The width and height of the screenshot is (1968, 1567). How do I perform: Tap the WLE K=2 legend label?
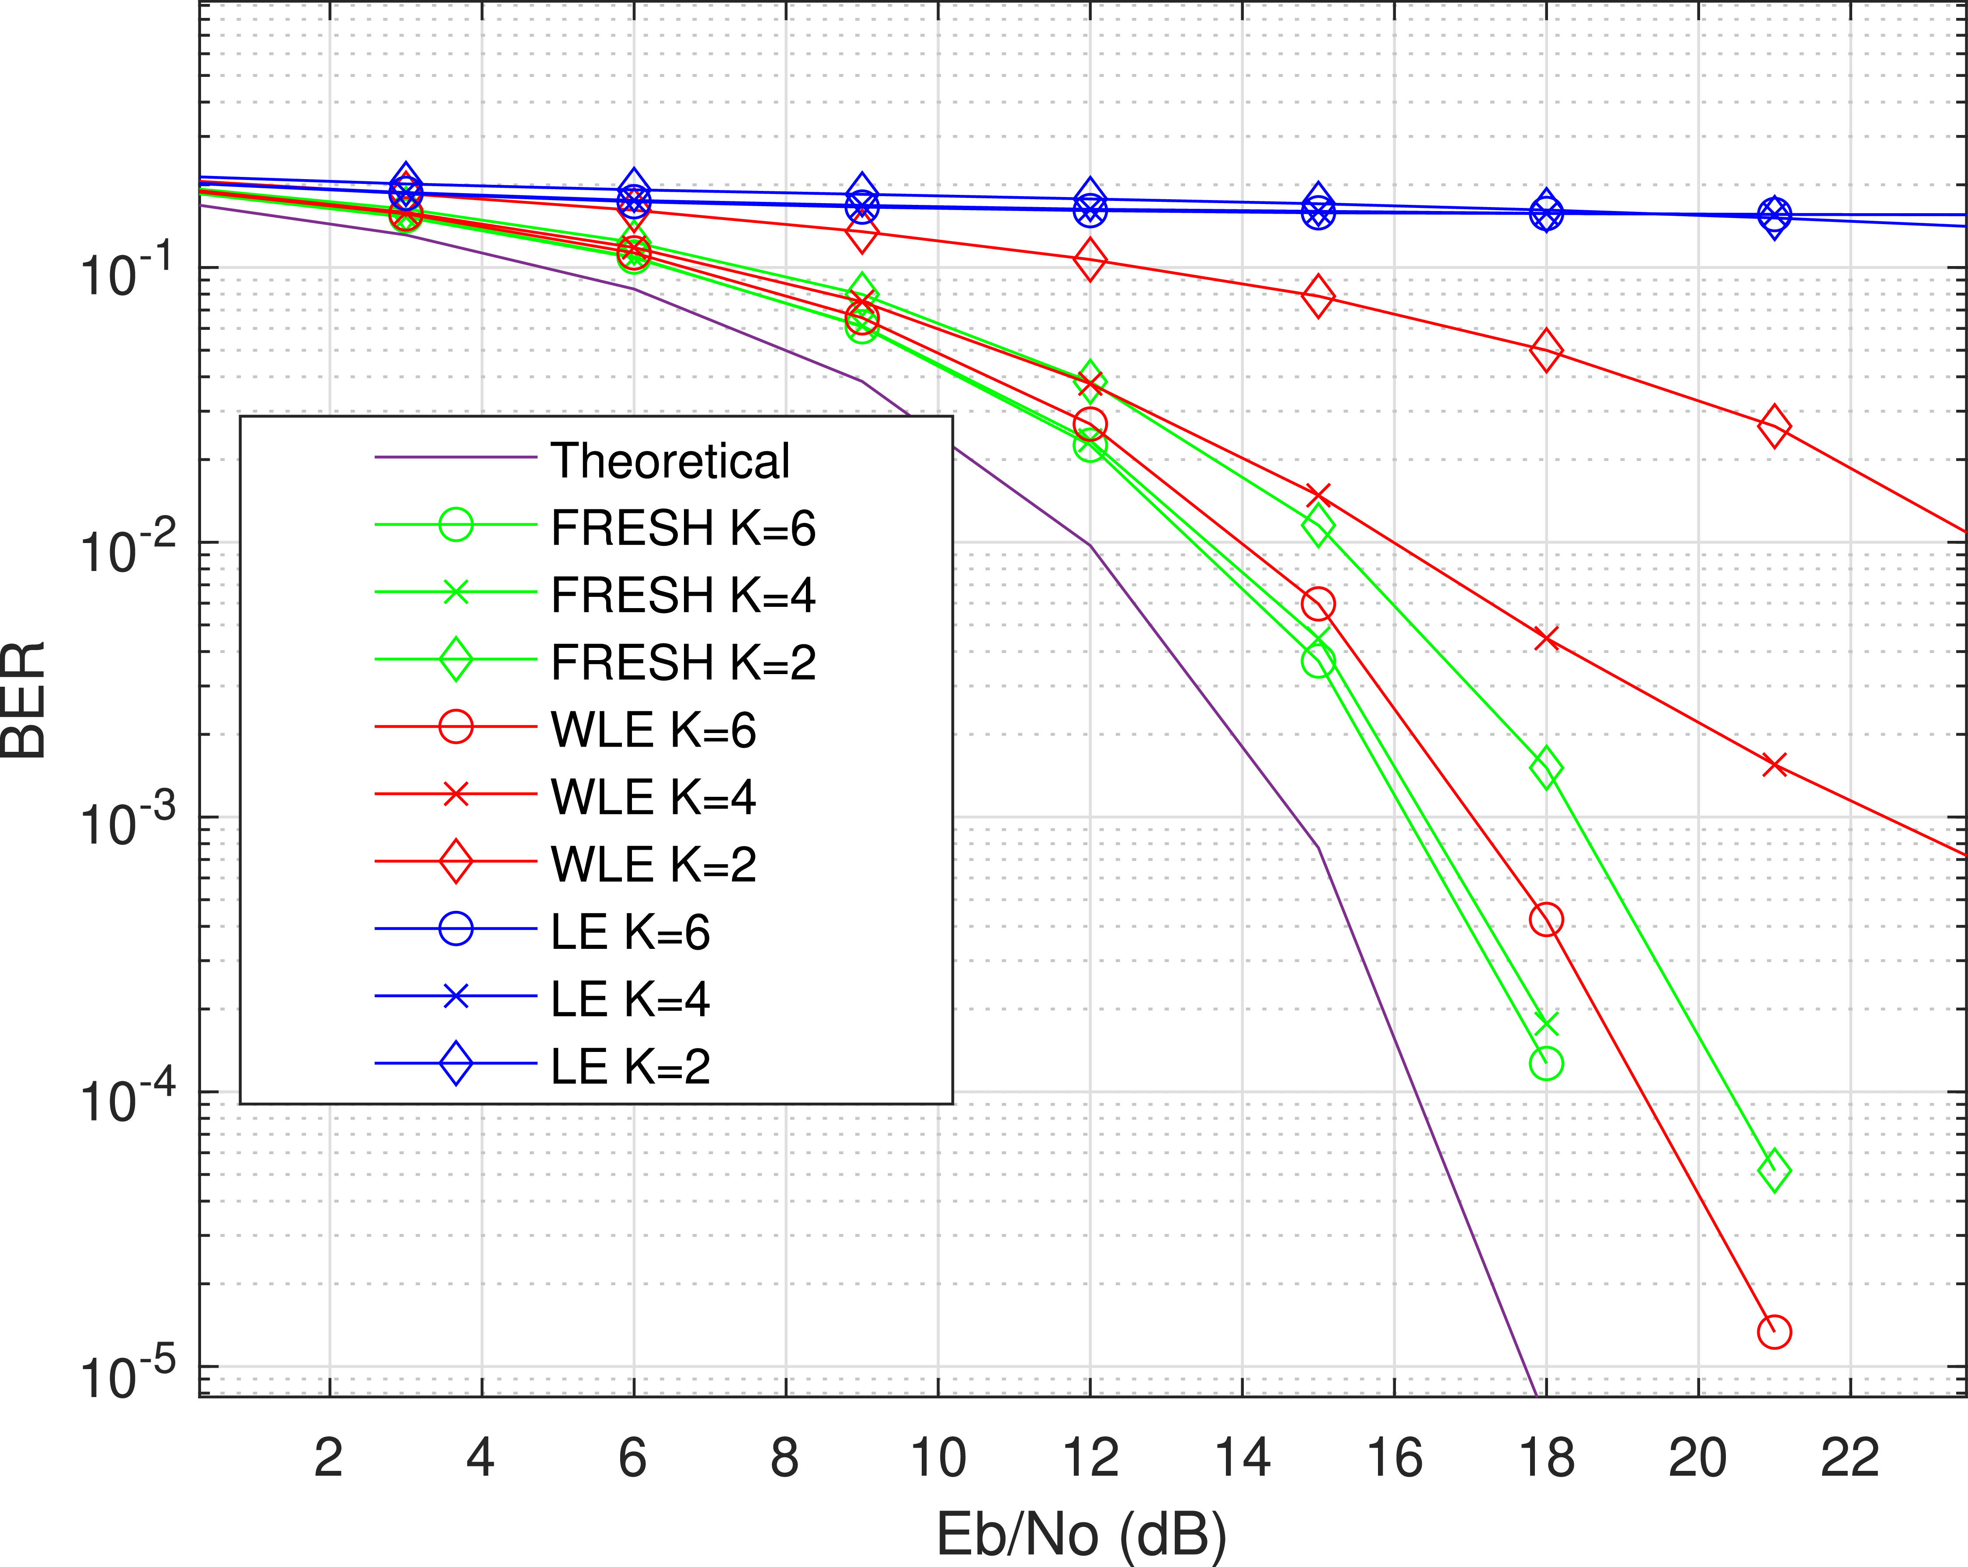coord(653,864)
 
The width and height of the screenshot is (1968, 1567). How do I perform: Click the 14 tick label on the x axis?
coord(1243,1457)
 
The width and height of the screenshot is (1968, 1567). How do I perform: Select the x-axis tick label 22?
coord(1850,1457)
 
